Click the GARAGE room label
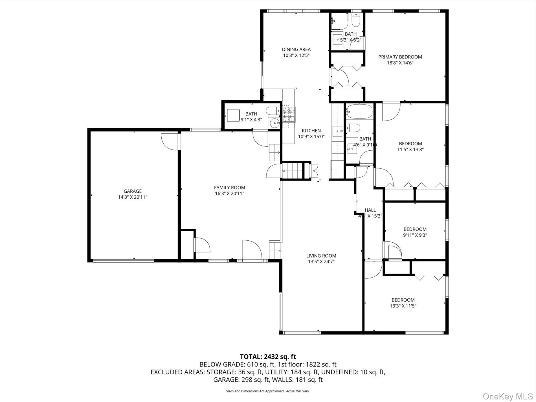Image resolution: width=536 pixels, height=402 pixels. [132, 191]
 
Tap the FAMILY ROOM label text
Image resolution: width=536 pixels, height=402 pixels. [229, 188]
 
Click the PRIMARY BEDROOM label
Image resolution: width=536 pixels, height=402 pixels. [400, 57]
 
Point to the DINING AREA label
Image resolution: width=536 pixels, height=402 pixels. [296, 50]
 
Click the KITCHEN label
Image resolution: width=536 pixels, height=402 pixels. [311, 131]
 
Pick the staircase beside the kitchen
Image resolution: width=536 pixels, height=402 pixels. [292, 171]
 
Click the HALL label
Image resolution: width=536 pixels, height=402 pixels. [370, 210]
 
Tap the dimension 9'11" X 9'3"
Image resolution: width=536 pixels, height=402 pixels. [415, 235]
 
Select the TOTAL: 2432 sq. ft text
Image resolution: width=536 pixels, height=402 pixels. [268, 357]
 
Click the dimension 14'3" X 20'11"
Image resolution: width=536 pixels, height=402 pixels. [133, 197]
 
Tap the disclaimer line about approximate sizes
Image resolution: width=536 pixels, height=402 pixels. [268, 391]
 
